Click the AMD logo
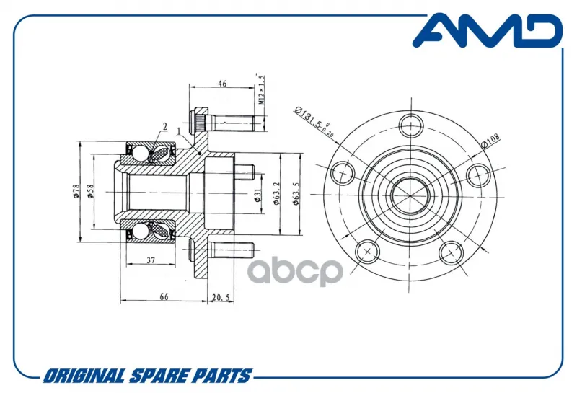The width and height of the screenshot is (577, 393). coord(488,30)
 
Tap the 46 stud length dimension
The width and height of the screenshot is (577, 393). coord(222,84)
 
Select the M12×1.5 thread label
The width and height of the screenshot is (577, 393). coord(261,89)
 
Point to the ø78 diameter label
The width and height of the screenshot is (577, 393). coord(76,192)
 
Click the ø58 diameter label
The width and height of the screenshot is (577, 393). coord(89,192)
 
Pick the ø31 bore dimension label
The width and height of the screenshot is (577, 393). coord(257,195)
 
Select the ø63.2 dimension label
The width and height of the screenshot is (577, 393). coord(276,193)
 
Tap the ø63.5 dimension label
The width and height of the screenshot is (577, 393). coord(296,193)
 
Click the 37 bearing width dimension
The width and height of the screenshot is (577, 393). coord(151,260)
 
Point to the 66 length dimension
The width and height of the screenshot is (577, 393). coord(164,296)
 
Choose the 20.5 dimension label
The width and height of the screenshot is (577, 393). coord(221,297)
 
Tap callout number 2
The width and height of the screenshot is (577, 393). coord(165,127)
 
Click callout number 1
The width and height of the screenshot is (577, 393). coord(178,131)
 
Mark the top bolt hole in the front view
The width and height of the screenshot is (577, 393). coord(411,125)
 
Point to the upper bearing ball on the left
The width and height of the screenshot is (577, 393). coord(139,153)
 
